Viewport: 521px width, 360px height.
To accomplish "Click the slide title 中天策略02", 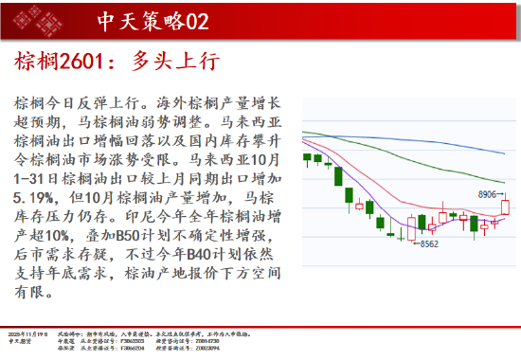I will point(153,20).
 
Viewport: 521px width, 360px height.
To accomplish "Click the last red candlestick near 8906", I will point(505,206).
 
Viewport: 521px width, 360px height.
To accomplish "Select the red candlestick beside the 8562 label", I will point(411,225).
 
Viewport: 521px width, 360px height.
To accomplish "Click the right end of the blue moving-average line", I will point(506,152).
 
